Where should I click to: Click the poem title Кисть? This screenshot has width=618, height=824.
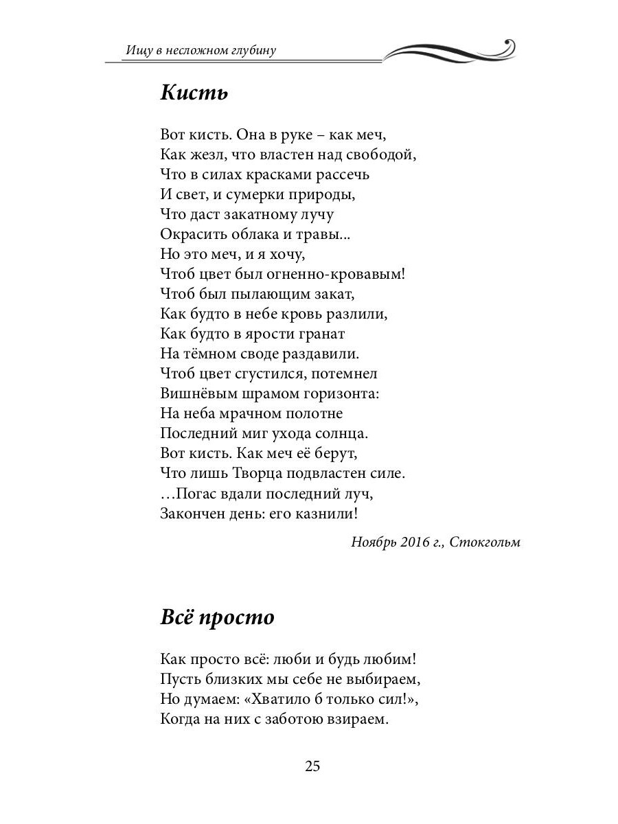(x=194, y=93)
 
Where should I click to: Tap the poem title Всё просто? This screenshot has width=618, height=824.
(x=217, y=617)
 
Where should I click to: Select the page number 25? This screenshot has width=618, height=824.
(x=312, y=766)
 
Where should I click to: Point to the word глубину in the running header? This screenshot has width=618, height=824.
(x=253, y=50)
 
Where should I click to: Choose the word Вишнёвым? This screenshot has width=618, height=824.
(x=194, y=394)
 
